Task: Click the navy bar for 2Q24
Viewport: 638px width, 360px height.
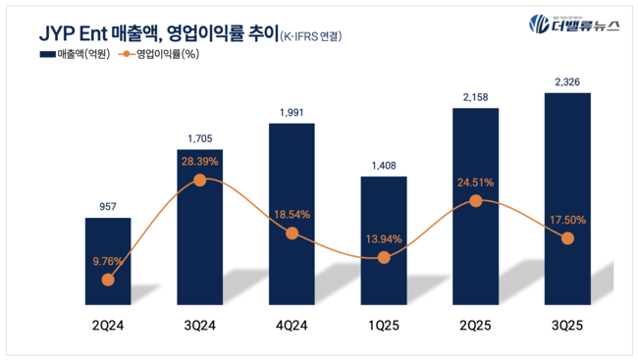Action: (108, 255)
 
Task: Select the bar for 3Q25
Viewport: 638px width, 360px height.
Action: (567, 196)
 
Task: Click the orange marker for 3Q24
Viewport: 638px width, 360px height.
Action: (200, 180)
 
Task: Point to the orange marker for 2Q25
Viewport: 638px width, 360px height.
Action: (476, 200)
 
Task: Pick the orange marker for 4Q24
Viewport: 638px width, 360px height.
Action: (292, 233)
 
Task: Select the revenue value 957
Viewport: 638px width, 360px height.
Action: (108, 207)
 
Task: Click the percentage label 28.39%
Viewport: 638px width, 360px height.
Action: (200, 159)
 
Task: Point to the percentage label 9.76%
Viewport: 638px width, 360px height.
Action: (108, 261)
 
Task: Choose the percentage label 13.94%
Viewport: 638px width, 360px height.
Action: (384, 239)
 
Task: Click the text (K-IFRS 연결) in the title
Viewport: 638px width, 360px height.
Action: (312, 36)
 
